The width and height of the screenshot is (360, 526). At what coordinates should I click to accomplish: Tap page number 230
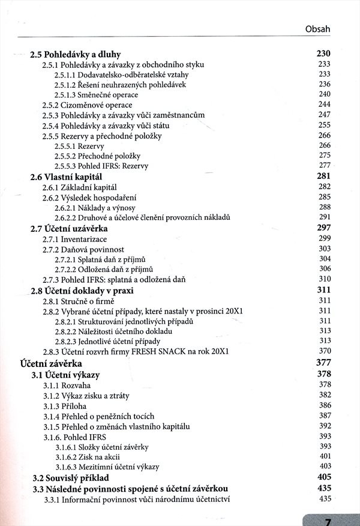323,54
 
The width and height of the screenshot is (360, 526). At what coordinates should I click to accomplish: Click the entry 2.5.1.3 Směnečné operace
96,95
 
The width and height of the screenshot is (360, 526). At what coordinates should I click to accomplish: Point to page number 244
325,104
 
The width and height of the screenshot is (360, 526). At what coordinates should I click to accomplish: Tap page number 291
325,217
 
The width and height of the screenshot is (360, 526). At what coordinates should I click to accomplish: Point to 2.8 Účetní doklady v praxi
82,290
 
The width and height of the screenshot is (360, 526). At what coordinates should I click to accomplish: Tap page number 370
325,351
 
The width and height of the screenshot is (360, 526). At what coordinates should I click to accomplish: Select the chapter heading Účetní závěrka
51,363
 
